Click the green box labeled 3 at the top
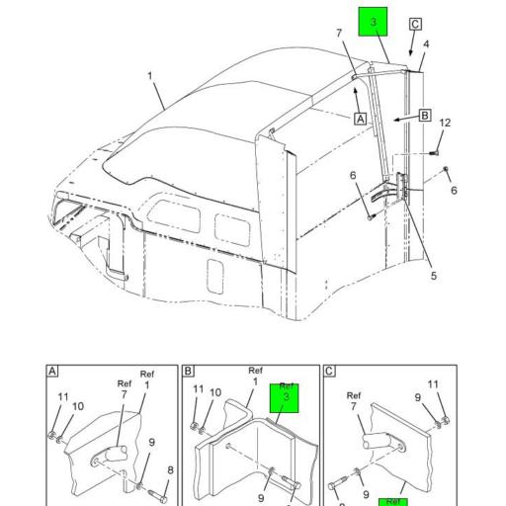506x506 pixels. pos(374,22)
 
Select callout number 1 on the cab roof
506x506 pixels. pos(150,76)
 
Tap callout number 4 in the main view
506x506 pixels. pos(427,44)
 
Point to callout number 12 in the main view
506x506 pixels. pos(445,123)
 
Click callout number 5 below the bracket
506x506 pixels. pos(433,276)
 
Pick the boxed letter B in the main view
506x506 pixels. pos(425,116)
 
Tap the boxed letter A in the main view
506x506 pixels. pos(361,117)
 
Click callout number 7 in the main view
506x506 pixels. pos(338,33)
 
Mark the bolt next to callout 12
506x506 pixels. pos(435,152)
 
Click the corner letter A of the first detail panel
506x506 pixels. pos(50,373)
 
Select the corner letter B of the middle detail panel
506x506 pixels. pos(188,373)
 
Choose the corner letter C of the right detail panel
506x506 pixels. pos(328,373)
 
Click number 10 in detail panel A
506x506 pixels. pos(78,406)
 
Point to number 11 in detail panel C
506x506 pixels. pos(433,384)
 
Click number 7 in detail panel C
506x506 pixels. pos(354,405)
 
